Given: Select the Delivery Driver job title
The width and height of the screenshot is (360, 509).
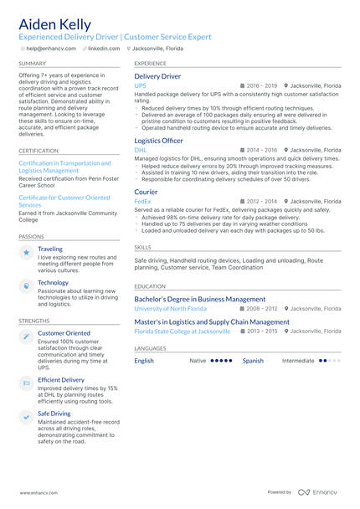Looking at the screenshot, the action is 157,76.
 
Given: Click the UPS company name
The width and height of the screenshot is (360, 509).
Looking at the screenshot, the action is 140,85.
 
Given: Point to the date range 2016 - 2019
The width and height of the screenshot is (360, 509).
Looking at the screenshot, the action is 261,85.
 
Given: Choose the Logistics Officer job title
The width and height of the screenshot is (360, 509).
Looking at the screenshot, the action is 158,141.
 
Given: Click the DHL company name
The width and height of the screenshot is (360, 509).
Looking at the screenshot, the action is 140,150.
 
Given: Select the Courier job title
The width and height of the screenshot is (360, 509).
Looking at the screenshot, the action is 146,192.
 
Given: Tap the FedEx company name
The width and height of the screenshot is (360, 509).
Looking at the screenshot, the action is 142,201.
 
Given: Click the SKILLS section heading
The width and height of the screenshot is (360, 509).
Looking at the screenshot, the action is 142,248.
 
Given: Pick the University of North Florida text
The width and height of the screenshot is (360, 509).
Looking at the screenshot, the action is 170,309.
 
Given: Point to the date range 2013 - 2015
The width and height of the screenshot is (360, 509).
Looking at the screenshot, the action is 261,331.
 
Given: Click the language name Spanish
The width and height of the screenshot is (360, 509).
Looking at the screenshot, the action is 253,361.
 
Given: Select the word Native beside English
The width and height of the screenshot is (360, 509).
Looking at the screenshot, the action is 198,361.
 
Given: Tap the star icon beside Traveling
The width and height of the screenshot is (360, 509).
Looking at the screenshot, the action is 26,251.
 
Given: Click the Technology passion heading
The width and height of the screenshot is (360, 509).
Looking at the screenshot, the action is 53,283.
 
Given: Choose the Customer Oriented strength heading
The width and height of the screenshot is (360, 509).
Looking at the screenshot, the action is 64,333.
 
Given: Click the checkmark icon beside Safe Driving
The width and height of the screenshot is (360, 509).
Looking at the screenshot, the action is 26,416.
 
